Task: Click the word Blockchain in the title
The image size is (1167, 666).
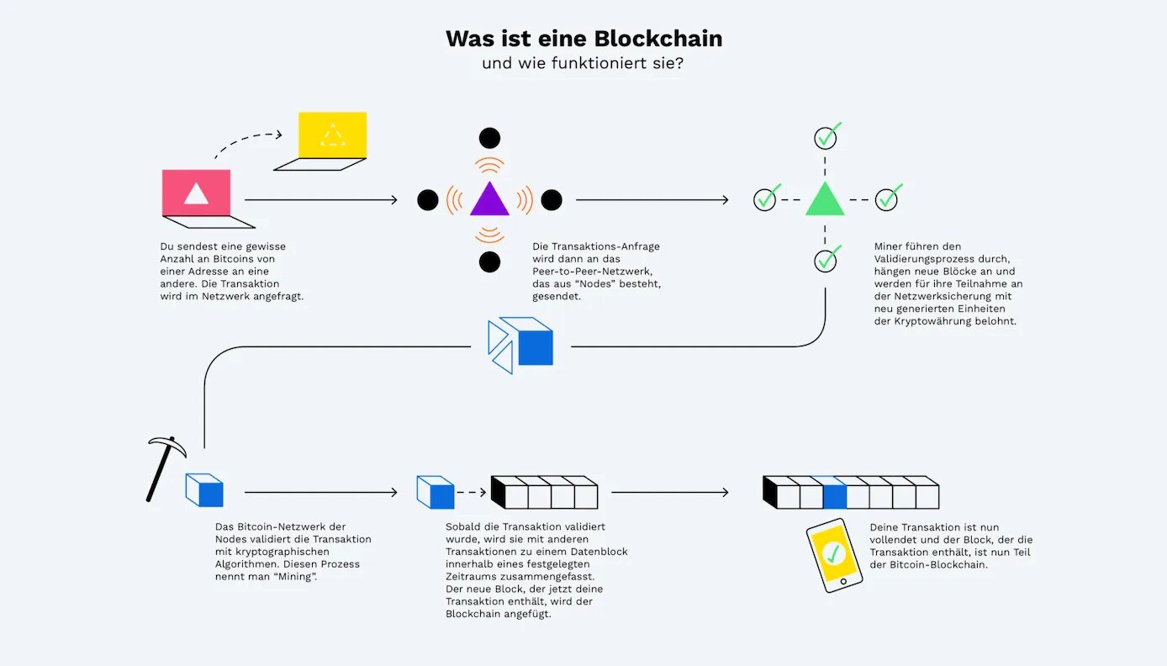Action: pos(658,39)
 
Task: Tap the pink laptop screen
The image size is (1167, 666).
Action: pos(196,193)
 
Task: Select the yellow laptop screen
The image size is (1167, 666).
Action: pos(333,135)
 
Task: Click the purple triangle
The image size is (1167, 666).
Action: pos(489,199)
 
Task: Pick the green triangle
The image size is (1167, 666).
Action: pos(825,199)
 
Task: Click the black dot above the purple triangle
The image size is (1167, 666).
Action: pos(489,138)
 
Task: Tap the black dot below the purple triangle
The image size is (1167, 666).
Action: pos(489,262)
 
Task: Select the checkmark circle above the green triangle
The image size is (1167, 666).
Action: pos(826,137)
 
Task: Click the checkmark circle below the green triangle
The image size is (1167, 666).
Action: pos(826,261)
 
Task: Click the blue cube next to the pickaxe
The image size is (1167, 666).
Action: pos(205,489)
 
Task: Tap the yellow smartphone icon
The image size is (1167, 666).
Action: pos(834,555)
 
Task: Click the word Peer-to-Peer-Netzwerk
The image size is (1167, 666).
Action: pos(592,272)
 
